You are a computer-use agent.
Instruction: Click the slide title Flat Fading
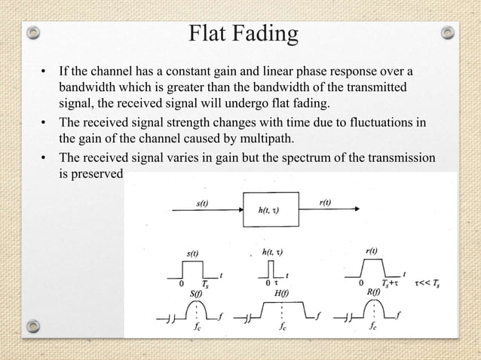tap(243, 34)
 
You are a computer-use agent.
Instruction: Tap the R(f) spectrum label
tap(372, 291)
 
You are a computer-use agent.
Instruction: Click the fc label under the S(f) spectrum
tap(197, 328)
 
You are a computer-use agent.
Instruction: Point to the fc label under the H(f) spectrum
tap(282, 328)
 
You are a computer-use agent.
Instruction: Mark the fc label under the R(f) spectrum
tap(373, 328)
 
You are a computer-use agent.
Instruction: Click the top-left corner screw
tap(32, 33)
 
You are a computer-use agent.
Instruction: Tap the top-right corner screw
tap(449, 33)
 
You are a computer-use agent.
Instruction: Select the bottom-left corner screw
tap(32, 327)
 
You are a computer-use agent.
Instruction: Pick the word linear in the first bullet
tap(277, 72)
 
